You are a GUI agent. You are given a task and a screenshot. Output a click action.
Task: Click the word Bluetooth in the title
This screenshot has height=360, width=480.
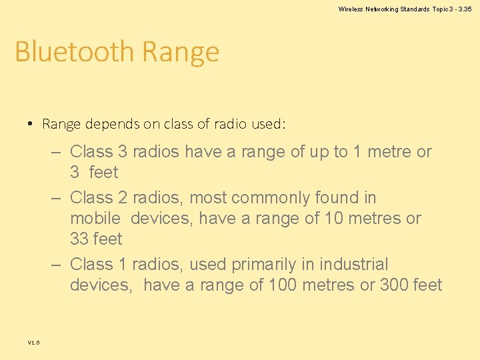[x=75, y=52]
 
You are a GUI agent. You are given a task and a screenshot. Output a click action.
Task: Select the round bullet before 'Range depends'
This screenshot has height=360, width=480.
[x=31, y=124]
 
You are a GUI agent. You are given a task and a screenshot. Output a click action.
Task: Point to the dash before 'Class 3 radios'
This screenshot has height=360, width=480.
[x=57, y=152]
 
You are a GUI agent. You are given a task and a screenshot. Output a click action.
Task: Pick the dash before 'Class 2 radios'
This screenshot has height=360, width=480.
[x=57, y=198]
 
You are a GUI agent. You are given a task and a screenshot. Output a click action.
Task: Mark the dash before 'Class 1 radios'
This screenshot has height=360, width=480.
[x=57, y=265]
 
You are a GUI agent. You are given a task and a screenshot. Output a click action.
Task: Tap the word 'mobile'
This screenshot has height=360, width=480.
[x=95, y=218]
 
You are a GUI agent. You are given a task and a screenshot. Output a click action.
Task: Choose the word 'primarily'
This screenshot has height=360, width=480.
[x=263, y=265]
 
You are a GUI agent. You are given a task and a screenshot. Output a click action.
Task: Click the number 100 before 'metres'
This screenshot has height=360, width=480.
[x=282, y=285]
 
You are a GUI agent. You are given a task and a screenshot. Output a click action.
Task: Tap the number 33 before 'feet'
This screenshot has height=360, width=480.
[x=80, y=239]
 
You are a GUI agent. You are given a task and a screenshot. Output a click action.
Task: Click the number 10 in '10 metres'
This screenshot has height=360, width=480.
[x=333, y=218]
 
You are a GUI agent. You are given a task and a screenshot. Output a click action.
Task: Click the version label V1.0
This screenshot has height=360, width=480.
[x=33, y=343]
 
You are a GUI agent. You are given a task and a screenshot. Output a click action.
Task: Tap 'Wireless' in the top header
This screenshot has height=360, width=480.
[x=351, y=9]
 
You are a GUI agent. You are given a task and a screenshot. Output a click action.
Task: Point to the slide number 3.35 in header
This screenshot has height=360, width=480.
[x=464, y=9]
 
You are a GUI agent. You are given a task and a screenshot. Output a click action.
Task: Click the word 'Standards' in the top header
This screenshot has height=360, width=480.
[x=414, y=9]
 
